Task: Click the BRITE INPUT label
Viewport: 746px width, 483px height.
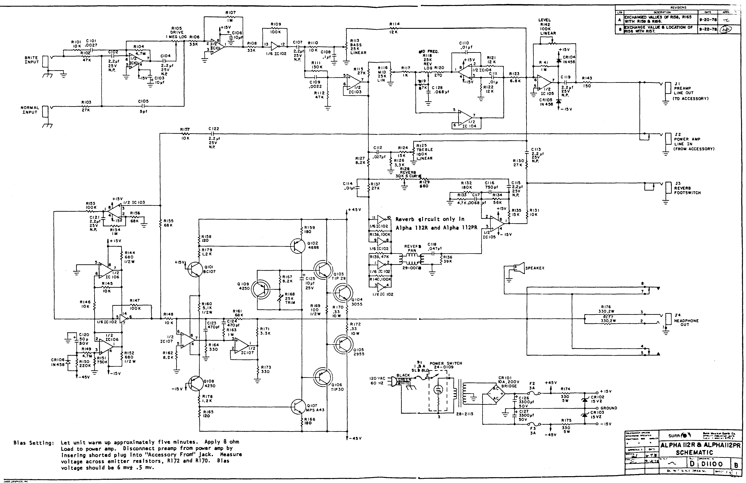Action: coord(31,60)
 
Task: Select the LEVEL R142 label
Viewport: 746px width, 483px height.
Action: coord(545,27)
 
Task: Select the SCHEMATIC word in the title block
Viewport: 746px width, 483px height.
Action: coord(694,452)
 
